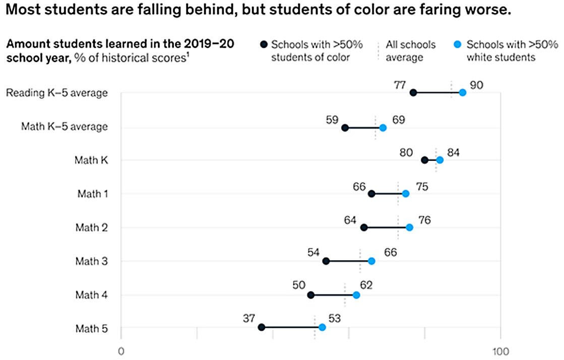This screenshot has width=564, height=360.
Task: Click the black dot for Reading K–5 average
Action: [413, 92]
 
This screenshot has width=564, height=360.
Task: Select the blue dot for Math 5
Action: [322, 327]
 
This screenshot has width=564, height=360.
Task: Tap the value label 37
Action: [248, 318]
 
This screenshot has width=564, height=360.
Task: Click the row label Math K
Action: [91, 160]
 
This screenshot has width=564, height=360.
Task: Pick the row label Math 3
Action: [91, 261]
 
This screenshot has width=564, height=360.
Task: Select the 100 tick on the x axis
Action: [500, 351]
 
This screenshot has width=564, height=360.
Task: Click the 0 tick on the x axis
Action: [120, 351]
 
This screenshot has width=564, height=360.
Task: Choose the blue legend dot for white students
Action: [459, 45]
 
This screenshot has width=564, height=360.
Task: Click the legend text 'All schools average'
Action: [410, 51]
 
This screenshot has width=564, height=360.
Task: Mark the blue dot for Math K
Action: [440, 160]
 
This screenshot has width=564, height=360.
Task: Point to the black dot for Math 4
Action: [310, 295]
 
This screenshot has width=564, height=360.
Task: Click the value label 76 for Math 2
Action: [424, 220]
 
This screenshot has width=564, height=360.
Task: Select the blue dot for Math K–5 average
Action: [383, 128]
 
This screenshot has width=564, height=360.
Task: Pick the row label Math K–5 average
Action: [64, 127]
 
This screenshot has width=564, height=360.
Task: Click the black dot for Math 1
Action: [371, 194]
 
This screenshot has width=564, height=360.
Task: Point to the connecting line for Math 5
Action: [291, 327]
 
